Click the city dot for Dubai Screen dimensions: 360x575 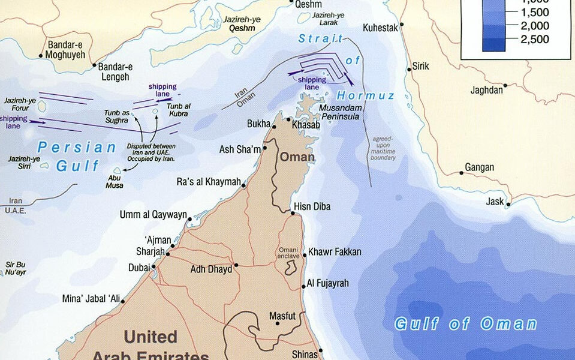tap(154, 268)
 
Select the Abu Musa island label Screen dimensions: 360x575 tap(115, 181)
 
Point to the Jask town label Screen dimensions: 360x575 tap(495, 202)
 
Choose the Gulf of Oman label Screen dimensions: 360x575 tap(465, 324)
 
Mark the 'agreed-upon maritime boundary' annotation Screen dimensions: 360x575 tap(384, 148)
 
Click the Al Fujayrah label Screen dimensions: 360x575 tap(327, 283)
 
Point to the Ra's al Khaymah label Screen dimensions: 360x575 tap(209, 182)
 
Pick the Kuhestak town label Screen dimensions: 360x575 tap(381, 28)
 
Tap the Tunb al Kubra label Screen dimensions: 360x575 tap(179, 110)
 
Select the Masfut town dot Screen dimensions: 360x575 tap(277, 323)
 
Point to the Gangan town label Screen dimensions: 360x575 tap(480, 167)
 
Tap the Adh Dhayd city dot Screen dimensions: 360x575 tap(236, 265)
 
